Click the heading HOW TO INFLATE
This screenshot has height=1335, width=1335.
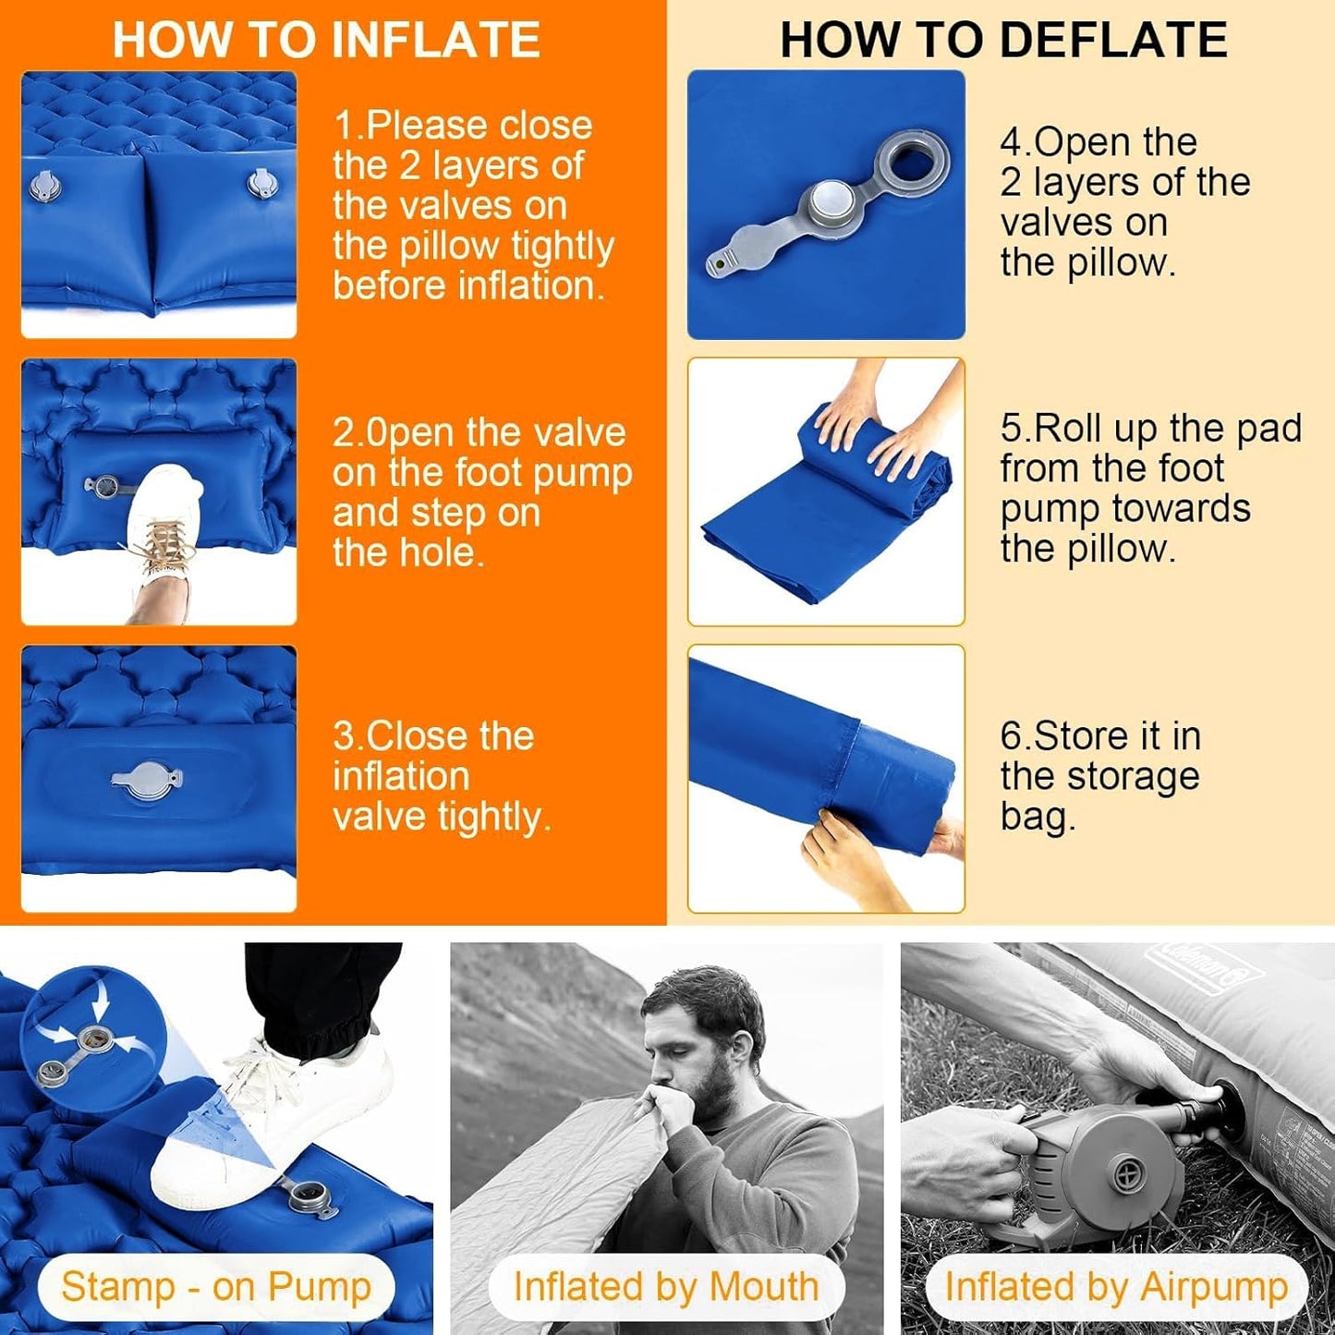point(326,41)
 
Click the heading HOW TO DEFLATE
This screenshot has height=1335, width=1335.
point(1003,41)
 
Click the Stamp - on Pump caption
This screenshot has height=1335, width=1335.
point(216,1287)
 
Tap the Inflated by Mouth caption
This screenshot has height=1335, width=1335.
point(666,1287)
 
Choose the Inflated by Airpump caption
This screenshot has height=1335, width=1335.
point(1116,1287)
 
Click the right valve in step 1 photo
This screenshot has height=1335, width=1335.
point(260,182)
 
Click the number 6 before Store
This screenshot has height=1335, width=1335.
point(1011,736)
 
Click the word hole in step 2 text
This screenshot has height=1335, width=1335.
point(441,552)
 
